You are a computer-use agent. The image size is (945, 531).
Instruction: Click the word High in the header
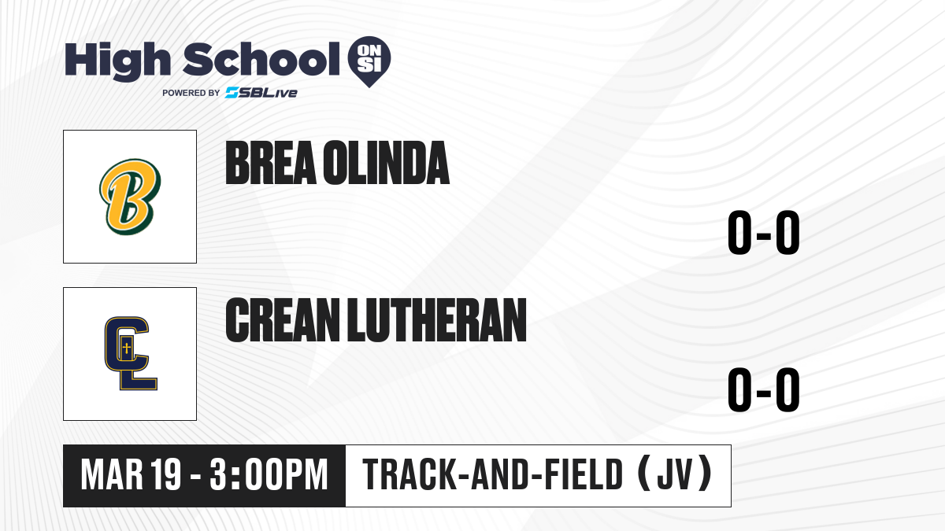(x=117, y=61)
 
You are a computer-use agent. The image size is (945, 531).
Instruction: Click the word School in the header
(x=261, y=60)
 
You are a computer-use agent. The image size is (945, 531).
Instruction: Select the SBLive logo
(x=261, y=93)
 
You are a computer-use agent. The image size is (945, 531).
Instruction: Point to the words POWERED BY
(x=191, y=93)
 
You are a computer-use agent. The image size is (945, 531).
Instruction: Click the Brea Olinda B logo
(x=130, y=197)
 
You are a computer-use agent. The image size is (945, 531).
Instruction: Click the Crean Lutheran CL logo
(x=131, y=353)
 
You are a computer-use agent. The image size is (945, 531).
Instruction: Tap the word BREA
(x=271, y=163)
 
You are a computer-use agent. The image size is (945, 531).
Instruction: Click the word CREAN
(x=283, y=319)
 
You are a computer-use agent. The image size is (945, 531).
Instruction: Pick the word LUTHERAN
(x=436, y=319)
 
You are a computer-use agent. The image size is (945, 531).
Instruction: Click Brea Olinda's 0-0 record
(x=764, y=232)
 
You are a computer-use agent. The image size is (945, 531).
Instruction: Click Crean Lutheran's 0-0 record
(x=764, y=389)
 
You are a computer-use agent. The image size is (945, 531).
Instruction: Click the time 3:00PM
(x=269, y=475)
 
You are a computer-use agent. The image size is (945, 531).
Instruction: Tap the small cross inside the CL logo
(x=126, y=348)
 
